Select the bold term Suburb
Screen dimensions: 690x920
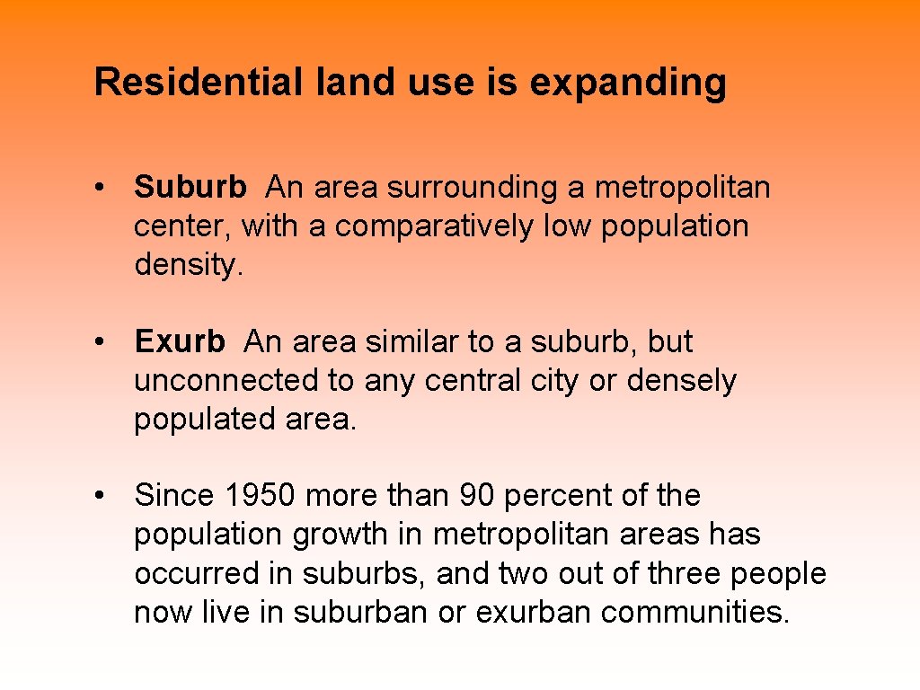190,188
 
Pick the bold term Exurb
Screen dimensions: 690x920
180,342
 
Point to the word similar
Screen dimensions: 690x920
412,342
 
